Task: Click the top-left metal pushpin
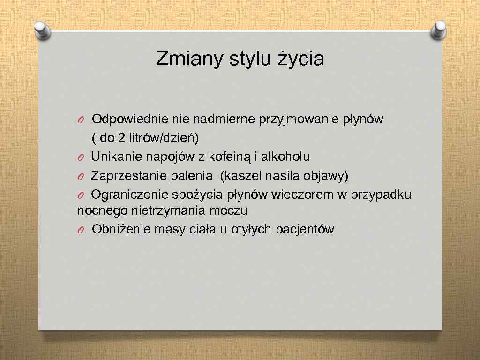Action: point(44,30)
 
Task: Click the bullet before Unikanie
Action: point(81,157)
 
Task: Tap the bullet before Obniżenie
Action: point(81,230)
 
